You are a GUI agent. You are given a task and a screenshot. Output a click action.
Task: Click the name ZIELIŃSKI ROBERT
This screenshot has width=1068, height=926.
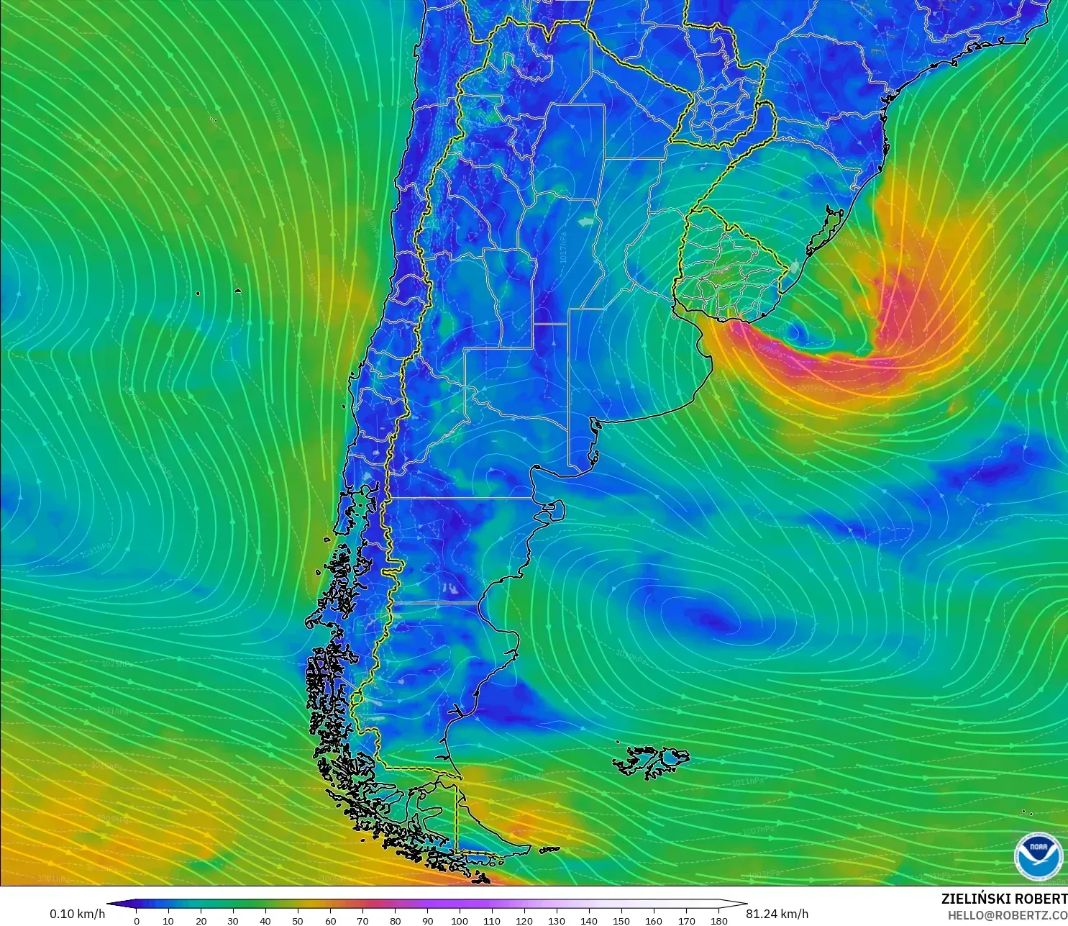1004,899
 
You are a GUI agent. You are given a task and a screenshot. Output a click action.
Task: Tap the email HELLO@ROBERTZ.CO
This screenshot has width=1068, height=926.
1007,915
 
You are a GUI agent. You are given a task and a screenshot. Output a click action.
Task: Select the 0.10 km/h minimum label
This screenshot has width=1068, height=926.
77,914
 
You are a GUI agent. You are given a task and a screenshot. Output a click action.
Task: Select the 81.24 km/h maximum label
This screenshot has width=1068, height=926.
777,914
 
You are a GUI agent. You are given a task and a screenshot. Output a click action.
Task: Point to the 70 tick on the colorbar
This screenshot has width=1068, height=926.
362,920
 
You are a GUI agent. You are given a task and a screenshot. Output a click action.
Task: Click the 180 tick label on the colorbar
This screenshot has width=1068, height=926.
718,920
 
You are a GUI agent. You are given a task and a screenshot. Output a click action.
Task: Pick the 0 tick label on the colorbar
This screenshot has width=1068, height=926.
137,920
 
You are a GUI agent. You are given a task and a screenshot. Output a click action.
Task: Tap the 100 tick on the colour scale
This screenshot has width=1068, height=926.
460,920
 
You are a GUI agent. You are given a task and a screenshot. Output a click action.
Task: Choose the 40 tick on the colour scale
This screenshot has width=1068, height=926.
265,920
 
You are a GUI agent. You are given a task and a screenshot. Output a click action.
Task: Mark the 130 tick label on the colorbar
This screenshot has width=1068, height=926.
557,920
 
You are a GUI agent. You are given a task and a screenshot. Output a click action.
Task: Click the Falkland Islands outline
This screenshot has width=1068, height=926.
651,761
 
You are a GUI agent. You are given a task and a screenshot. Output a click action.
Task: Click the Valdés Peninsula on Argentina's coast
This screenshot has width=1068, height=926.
554,510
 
